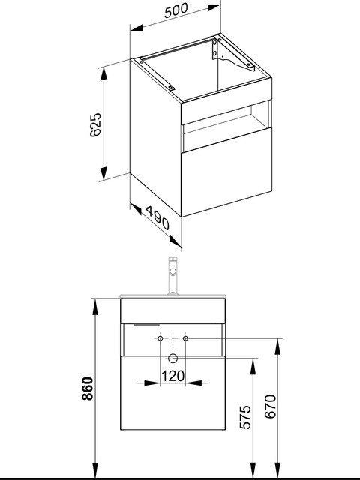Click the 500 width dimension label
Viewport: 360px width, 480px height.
(x=176, y=10)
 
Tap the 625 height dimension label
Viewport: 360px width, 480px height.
(x=95, y=125)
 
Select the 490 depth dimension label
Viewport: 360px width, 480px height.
(x=157, y=218)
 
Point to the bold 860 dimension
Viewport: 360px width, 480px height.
(x=88, y=388)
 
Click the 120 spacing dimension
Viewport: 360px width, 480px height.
(x=173, y=376)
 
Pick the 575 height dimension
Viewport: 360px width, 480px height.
(x=245, y=417)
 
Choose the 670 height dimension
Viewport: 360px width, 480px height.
(x=270, y=406)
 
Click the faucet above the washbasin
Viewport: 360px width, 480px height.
(x=173, y=275)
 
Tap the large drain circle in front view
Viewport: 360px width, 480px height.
(x=173, y=358)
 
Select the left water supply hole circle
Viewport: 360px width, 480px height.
(x=160, y=338)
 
